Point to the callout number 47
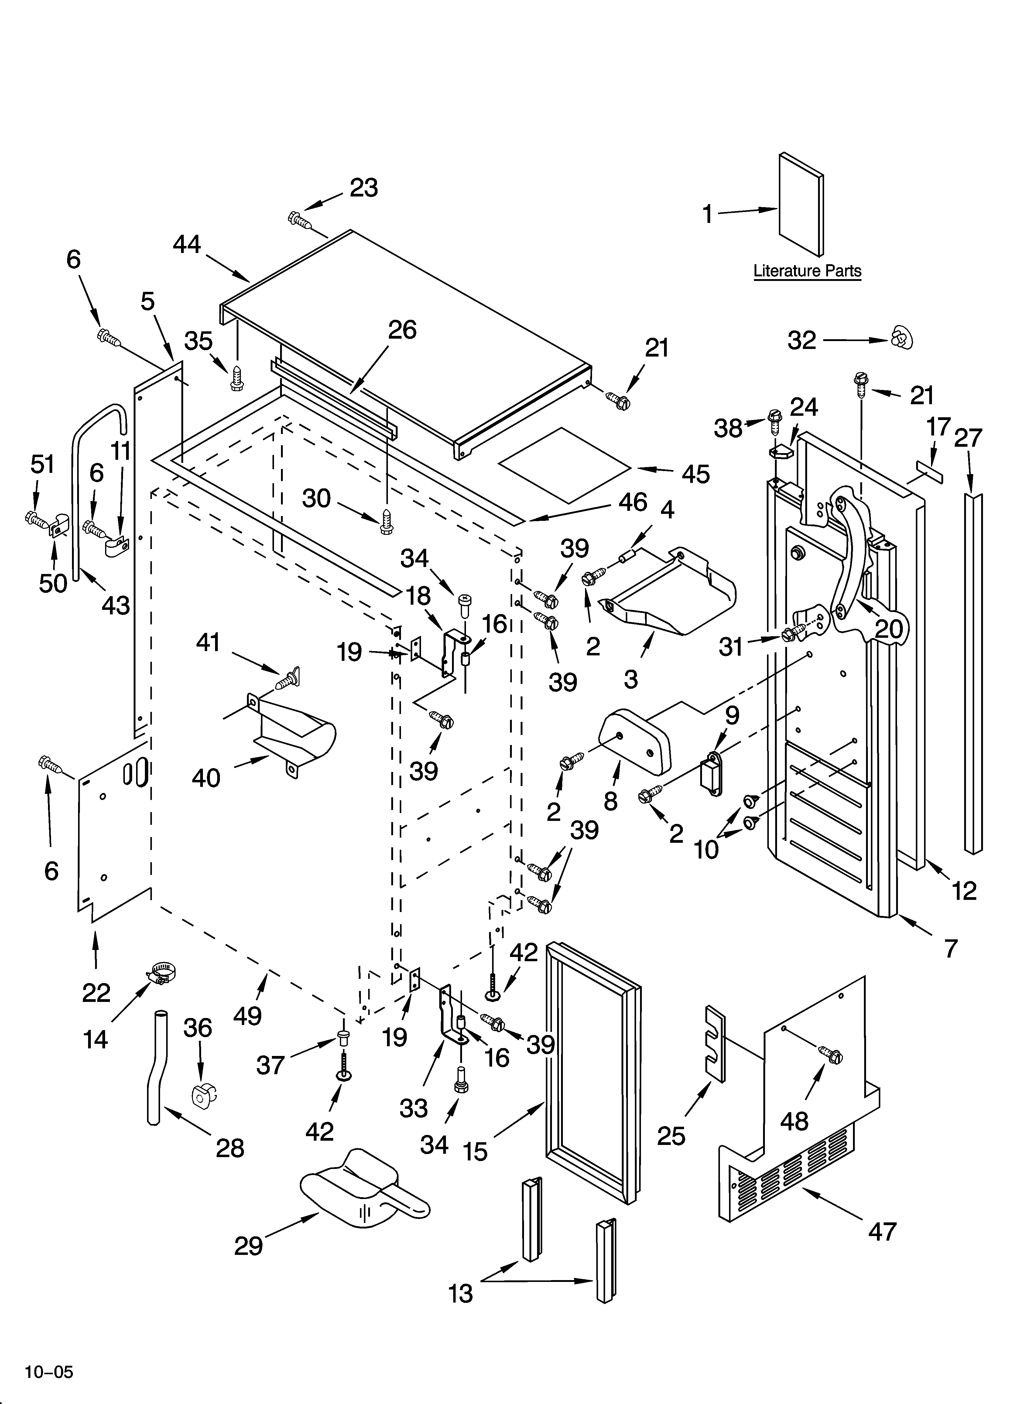pyautogui.click(x=882, y=1232)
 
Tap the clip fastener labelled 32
pyautogui.click(x=902, y=338)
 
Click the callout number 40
pyautogui.click(x=206, y=777)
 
